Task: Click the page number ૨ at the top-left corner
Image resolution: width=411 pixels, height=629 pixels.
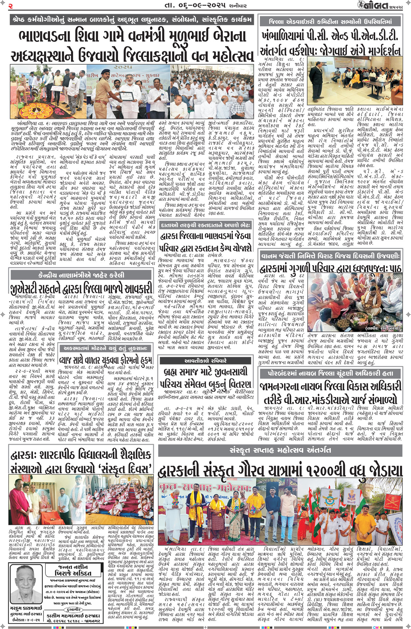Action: tap(11, 6)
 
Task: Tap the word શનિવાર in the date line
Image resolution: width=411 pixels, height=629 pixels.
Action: tap(237, 6)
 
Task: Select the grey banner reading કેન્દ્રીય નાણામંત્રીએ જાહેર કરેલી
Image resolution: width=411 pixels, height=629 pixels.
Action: tap(81, 275)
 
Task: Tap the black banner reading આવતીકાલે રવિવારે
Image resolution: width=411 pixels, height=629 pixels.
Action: tap(205, 360)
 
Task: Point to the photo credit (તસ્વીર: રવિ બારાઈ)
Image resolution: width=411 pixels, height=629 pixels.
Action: tap(383, 328)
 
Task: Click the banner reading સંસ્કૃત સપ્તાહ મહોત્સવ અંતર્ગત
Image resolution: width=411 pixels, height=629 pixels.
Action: tap(280, 450)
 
